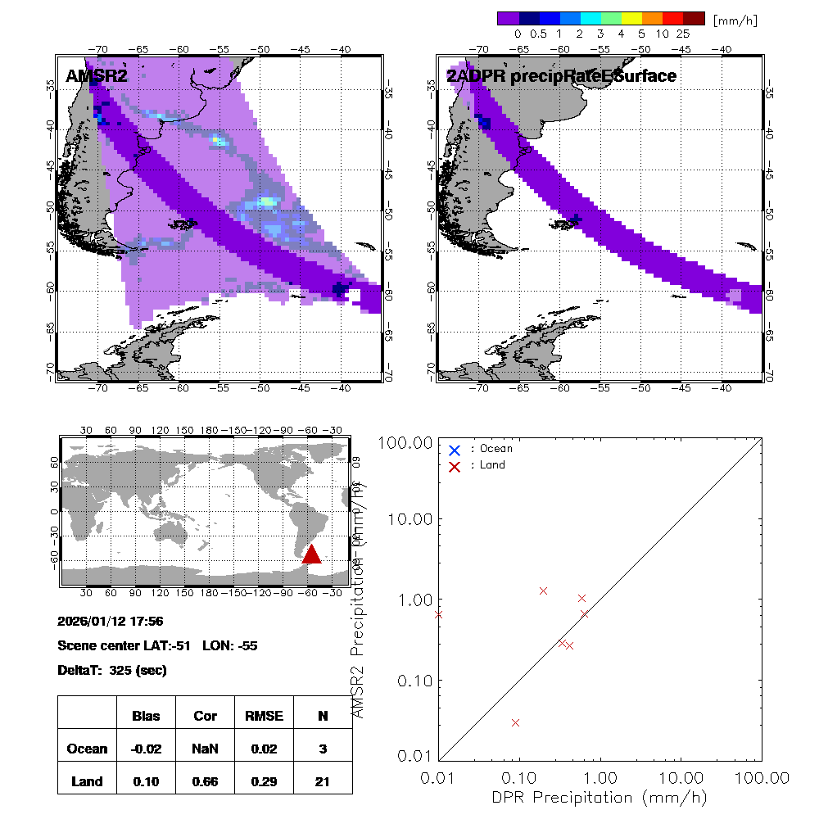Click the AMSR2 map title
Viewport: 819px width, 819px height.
97,76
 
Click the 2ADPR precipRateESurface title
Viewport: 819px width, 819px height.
561,76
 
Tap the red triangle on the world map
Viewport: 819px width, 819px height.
311,554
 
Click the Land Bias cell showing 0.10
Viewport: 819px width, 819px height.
146,781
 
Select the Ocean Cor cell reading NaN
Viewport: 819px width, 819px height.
205,749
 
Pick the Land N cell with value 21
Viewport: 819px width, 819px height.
323,781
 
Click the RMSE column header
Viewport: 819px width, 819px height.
264,716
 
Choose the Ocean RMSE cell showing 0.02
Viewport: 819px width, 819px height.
264,749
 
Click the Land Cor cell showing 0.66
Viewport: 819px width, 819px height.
205,781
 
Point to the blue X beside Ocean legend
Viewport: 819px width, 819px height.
455,450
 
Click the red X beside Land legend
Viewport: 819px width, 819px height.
455,465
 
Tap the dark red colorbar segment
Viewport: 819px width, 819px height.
695,18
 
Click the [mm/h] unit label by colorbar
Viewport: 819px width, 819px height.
735,20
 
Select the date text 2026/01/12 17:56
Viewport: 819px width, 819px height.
111,622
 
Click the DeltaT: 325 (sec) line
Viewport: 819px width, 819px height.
112,670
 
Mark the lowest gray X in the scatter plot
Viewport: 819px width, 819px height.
515,722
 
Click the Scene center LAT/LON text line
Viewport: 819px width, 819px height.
158,645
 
